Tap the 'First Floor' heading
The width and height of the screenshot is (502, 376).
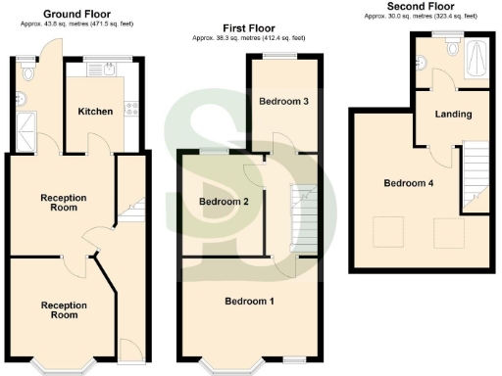[x=250, y=29]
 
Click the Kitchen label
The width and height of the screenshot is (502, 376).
[x=95, y=112]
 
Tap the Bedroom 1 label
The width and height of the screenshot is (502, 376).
[x=249, y=300]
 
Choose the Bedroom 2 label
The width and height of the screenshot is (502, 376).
[x=224, y=202]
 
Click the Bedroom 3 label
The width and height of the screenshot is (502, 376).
[x=283, y=102]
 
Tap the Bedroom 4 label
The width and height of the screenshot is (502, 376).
[x=407, y=183]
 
